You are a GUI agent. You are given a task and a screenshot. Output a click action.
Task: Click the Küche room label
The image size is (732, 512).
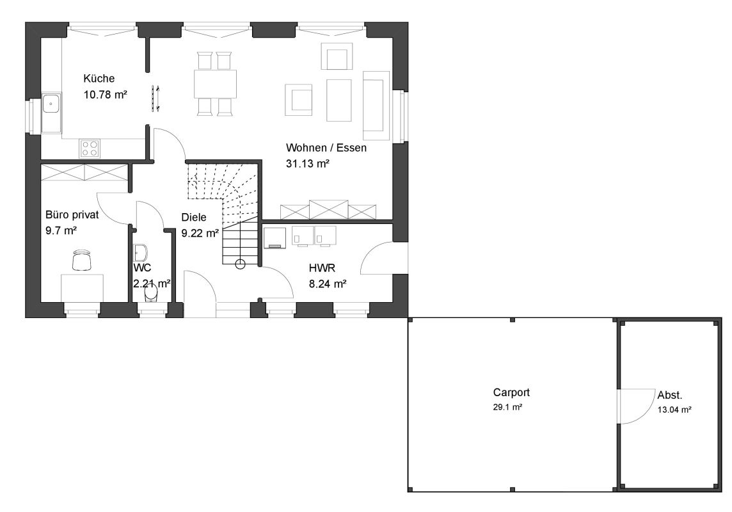[x=99, y=79]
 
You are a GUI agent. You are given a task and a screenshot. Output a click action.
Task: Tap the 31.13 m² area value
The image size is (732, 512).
[x=308, y=163]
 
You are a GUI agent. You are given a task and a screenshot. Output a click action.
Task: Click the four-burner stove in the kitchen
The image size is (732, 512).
[x=90, y=148]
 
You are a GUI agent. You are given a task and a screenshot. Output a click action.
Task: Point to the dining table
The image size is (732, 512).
[x=215, y=84]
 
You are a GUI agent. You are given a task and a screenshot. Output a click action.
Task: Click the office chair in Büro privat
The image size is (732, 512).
[x=82, y=260]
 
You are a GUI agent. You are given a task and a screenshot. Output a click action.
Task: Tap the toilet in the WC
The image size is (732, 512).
[x=151, y=294]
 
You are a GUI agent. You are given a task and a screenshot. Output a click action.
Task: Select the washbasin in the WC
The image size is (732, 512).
[x=140, y=253]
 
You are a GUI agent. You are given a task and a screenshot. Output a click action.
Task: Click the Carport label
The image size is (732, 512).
[x=511, y=392]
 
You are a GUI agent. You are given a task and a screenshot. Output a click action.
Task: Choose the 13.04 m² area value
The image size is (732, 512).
[x=674, y=410]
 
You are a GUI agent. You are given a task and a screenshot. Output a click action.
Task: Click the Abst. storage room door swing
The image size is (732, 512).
[x=637, y=406]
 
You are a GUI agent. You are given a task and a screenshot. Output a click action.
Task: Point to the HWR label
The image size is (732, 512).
[x=322, y=268]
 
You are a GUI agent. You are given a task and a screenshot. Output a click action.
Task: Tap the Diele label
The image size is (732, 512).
[x=194, y=217]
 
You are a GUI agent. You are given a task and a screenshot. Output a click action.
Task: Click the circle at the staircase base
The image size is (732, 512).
[x=240, y=264]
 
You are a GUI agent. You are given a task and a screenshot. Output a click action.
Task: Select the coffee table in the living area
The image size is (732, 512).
[x=339, y=100]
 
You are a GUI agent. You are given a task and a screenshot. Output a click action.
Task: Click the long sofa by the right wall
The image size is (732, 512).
[x=376, y=106]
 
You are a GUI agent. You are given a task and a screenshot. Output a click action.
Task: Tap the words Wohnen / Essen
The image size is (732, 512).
[x=326, y=147]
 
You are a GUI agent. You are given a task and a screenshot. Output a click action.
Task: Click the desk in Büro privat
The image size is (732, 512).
[x=82, y=288]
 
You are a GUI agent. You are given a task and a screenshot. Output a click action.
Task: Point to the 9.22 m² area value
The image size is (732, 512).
[x=200, y=233]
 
